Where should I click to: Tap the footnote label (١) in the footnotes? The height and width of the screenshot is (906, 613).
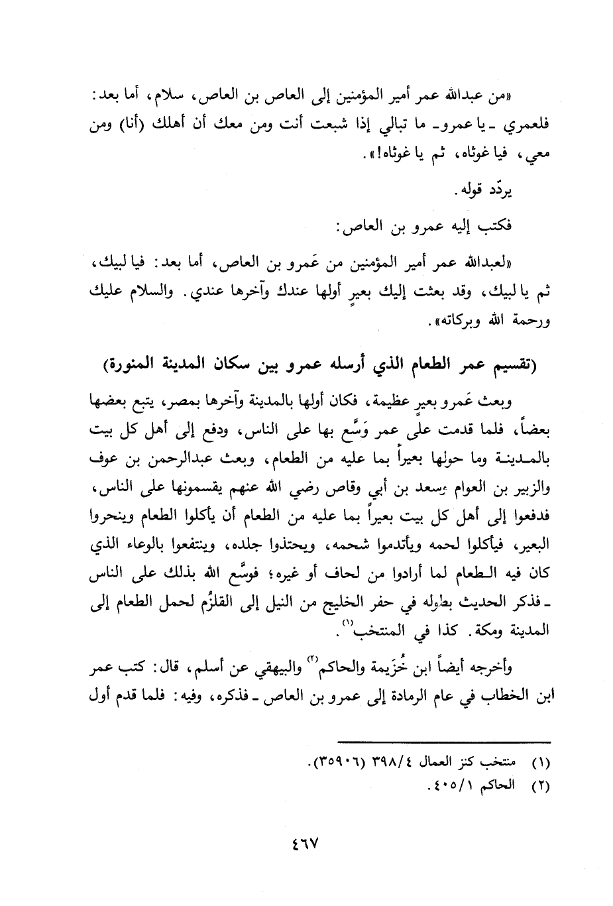click(541, 763)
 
